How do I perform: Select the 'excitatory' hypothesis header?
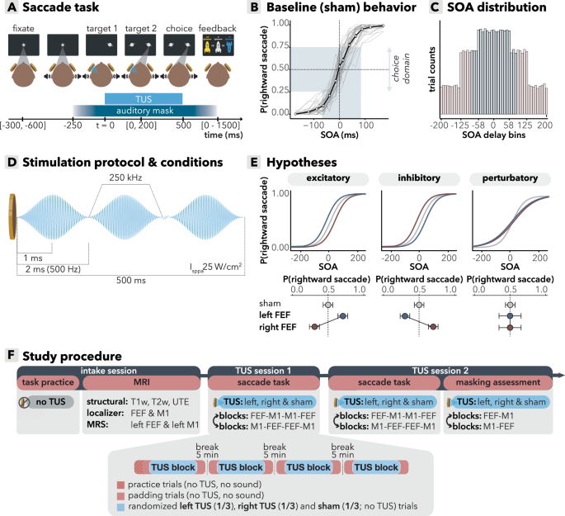327,178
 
